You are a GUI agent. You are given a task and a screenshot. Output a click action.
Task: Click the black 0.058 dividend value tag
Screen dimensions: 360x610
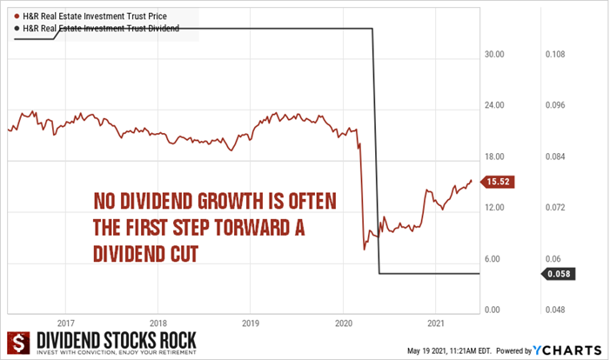pyautogui.click(x=558, y=274)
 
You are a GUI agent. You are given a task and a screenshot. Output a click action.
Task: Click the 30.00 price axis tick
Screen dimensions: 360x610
pyautogui.click(x=494, y=54)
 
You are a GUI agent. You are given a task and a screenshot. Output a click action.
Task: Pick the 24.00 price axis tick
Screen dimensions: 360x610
pyautogui.click(x=494, y=105)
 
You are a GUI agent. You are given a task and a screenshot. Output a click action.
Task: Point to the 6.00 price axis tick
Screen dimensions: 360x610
pyautogui.click(x=493, y=258)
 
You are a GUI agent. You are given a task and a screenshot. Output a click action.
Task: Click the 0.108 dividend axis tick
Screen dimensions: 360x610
pyautogui.click(x=555, y=54)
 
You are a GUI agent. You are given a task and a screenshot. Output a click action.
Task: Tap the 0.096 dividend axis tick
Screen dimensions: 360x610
pyautogui.click(x=555, y=105)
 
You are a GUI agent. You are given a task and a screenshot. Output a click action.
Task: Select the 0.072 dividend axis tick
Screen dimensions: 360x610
pyautogui.click(x=555, y=207)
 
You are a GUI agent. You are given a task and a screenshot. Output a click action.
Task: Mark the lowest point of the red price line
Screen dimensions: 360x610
pyautogui.click(x=364, y=250)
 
